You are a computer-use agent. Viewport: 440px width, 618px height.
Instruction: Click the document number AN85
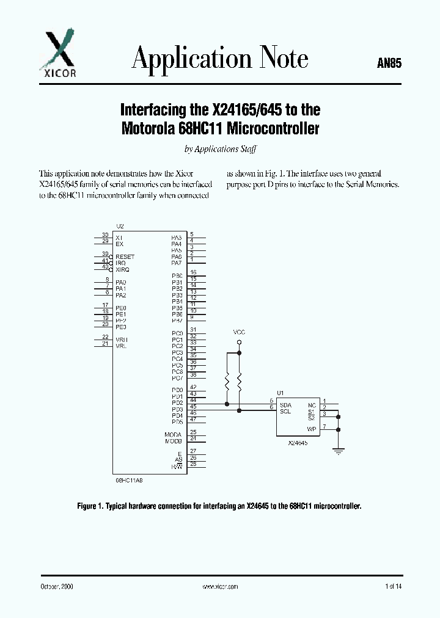pos(389,63)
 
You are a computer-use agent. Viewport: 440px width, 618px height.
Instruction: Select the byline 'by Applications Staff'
pos(220,149)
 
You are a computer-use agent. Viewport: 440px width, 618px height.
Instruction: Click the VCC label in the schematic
pos(239,332)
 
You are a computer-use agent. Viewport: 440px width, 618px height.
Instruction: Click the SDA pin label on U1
pos(285,405)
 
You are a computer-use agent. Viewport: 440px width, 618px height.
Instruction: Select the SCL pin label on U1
pos(285,412)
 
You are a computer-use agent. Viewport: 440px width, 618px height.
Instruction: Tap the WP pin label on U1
pos(312,429)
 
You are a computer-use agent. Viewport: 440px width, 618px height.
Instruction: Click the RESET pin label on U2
pos(125,257)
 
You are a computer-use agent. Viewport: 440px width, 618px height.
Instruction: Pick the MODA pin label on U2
pos(174,434)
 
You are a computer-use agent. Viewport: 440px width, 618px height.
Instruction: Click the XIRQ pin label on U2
pos(122,269)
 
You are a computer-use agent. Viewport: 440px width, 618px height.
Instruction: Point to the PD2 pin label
pos(177,403)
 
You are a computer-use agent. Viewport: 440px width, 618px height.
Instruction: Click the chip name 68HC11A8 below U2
pos(129,480)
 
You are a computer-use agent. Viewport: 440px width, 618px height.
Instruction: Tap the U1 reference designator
pos(280,393)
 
